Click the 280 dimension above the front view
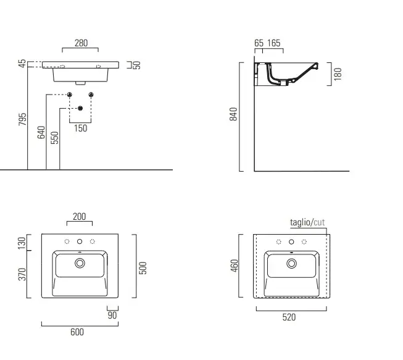(81, 43)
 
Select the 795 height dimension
(22, 119)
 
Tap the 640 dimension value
(41, 132)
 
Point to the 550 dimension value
(54, 138)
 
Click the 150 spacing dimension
(81, 128)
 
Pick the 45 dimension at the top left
(22, 64)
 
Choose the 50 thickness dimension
(137, 65)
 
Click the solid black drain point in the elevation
(80, 108)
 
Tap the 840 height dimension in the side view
(233, 114)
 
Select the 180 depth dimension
(338, 74)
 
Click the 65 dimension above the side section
(259, 43)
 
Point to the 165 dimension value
(274, 43)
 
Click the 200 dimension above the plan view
(79, 217)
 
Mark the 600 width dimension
(77, 332)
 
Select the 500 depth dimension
(143, 268)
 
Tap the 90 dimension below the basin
(112, 316)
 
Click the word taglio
(301, 222)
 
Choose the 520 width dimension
(289, 317)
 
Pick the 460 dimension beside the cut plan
(234, 266)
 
